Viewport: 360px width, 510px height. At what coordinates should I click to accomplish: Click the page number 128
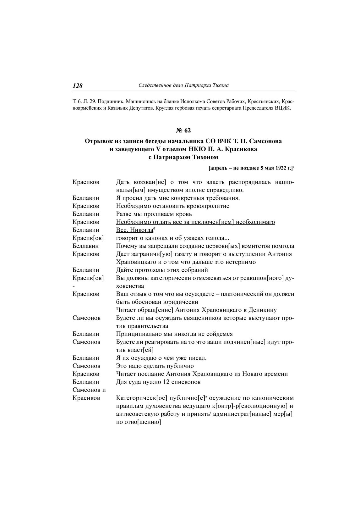point(78,86)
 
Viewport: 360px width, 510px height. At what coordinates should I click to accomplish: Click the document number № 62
point(183,130)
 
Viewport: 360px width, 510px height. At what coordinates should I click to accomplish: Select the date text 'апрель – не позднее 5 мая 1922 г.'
point(251,168)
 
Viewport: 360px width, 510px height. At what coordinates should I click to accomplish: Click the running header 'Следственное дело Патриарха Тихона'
point(183,85)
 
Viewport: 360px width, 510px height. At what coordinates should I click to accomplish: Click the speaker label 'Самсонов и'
point(89,390)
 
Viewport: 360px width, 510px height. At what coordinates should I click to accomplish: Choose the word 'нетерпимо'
point(241,262)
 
